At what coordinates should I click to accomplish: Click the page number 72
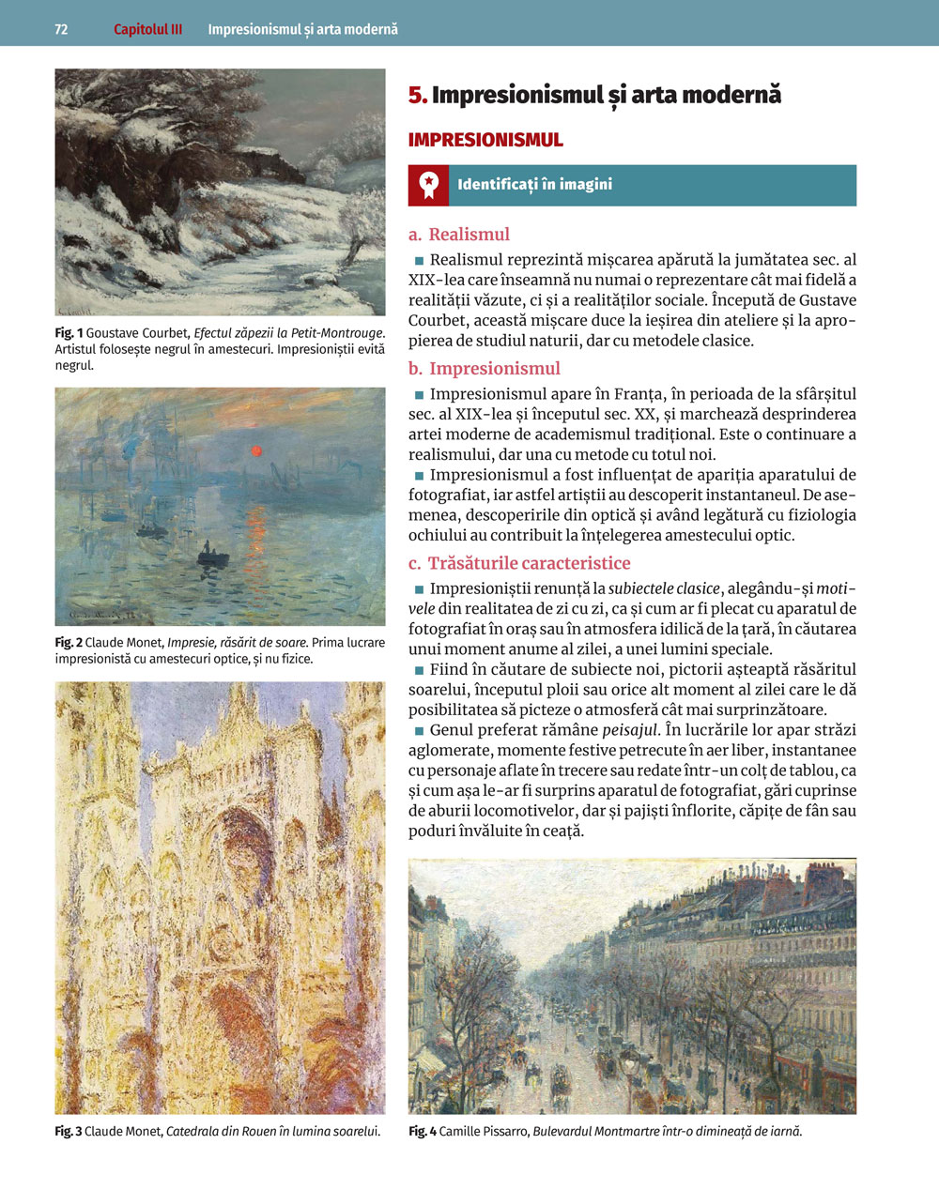pos(61,29)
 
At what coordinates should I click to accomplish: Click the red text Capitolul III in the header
pos(147,29)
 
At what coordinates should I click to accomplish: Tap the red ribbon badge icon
pos(428,185)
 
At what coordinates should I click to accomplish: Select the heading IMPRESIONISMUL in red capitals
pos(485,141)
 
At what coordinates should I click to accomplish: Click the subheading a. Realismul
pos(459,235)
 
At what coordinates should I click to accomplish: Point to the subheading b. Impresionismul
pos(484,369)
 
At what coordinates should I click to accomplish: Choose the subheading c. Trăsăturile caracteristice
pos(519,563)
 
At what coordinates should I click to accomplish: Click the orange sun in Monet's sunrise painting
pos(254,451)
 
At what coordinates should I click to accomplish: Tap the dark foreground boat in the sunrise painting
pos(213,558)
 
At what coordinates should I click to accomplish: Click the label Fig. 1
pos(69,333)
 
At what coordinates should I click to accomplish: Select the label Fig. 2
pos(69,643)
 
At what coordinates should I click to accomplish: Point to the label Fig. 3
pos(69,1132)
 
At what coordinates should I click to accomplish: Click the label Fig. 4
pos(423,1132)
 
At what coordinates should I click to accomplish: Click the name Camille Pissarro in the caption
pos(483,1132)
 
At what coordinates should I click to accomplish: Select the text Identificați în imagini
pos(534,185)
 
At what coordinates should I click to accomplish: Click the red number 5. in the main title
pos(418,95)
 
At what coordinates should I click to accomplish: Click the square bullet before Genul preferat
pos(419,730)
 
